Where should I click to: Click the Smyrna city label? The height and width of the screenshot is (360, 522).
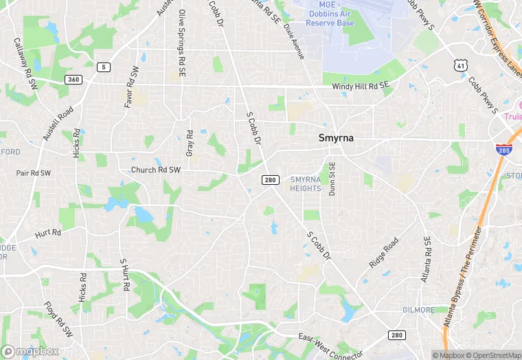[x=336, y=137]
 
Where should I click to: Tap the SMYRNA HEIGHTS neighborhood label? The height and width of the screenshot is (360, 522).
[x=306, y=183]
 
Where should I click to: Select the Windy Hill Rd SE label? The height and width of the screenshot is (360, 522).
[x=360, y=86]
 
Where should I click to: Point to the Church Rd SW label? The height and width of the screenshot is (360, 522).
[x=156, y=170]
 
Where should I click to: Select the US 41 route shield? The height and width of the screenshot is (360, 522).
[x=460, y=65]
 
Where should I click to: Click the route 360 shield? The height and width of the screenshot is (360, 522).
[x=73, y=80]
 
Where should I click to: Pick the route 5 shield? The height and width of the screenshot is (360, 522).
[x=104, y=67]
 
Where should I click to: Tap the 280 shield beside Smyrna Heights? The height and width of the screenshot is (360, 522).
[x=269, y=180]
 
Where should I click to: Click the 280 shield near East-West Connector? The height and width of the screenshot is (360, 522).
[x=396, y=335]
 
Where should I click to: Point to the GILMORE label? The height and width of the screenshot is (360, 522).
[x=419, y=310]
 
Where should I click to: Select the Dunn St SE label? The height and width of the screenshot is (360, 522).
[x=332, y=179]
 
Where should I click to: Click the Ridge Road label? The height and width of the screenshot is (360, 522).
[x=384, y=254]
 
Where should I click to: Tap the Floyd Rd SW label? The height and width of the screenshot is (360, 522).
[x=58, y=319]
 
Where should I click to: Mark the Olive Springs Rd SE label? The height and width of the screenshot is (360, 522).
[x=182, y=36]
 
